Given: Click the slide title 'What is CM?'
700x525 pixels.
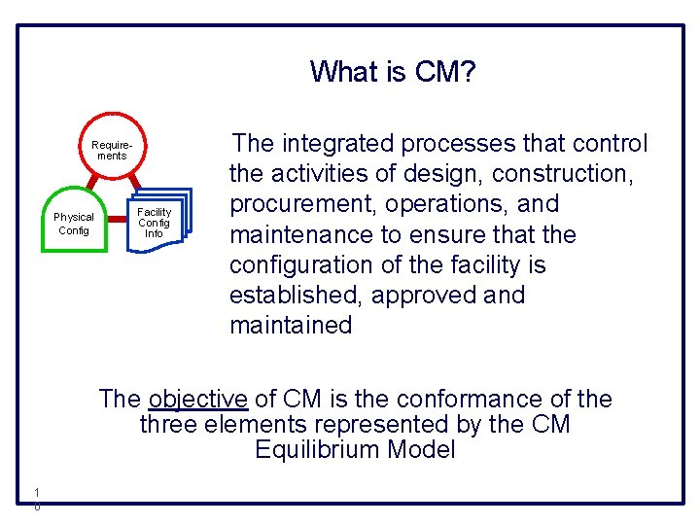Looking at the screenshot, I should tap(393, 71).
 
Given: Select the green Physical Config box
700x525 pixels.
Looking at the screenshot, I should tap(74, 223).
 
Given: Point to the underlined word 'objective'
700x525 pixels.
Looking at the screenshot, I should tap(198, 399).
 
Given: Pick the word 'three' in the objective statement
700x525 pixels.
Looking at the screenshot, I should tap(170, 425).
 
